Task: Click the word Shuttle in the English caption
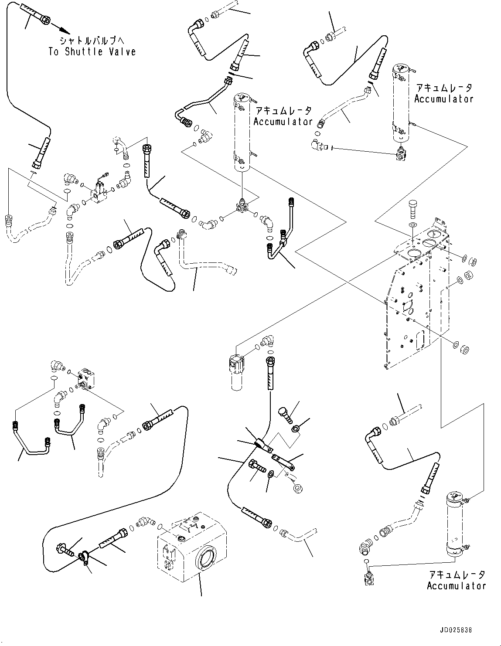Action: point(84,51)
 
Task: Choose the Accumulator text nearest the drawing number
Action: point(456,586)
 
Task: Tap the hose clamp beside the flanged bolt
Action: point(84,558)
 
